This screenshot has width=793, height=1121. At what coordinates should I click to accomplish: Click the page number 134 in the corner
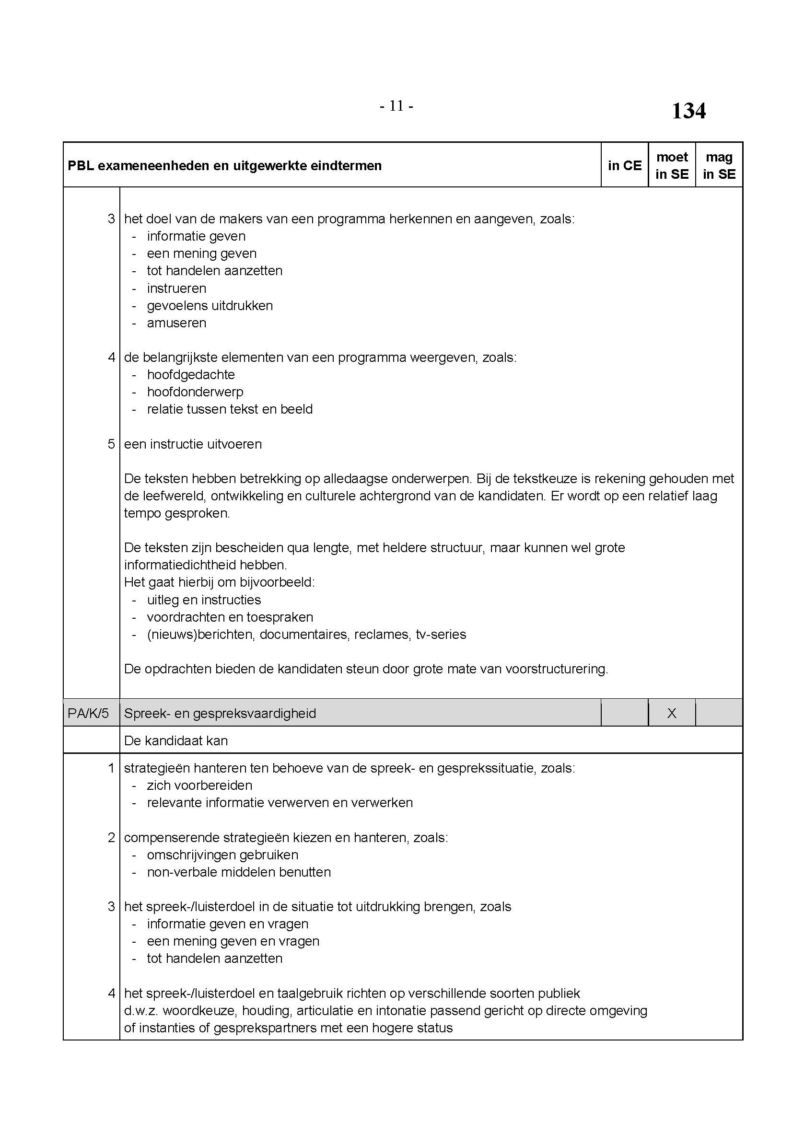pyautogui.click(x=688, y=111)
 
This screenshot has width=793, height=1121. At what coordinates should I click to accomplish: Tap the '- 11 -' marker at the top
pyautogui.click(x=396, y=106)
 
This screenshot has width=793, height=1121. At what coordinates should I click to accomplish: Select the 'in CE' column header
pyautogui.click(x=625, y=165)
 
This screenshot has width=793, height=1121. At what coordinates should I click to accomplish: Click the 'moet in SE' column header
pyautogui.click(x=672, y=165)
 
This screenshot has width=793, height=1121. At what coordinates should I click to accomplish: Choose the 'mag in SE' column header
pyautogui.click(x=719, y=165)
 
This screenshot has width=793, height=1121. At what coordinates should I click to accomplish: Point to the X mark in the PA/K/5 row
pyautogui.click(x=672, y=713)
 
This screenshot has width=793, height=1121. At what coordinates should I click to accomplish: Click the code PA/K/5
pyautogui.click(x=88, y=713)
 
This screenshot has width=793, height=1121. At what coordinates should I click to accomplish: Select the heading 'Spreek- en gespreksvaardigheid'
pyautogui.click(x=220, y=713)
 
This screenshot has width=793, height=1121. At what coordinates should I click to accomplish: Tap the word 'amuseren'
pyautogui.click(x=176, y=323)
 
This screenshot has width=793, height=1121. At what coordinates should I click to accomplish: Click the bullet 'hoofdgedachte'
pyautogui.click(x=191, y=374)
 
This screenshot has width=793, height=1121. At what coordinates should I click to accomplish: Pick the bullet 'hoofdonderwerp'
pyautogui.click(x=195, y=392)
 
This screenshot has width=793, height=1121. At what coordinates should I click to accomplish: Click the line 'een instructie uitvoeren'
pyautogui.click(x=193, y=444)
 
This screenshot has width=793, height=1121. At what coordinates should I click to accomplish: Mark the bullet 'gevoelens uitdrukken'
pyautogui.click(x=210, y=306)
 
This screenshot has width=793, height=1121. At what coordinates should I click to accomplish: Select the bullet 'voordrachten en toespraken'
pyautogui.click(x=230, y=617)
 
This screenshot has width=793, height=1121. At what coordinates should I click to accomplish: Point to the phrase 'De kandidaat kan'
pyautogui.click(x=176, y=740)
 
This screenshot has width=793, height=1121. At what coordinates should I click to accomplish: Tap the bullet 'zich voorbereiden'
pyautogui.click(x=200, y=785)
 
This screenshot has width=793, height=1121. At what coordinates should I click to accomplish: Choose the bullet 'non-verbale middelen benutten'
pyautogui.click(x=239, y=872)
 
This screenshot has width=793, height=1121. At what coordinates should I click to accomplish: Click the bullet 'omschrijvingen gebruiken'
pyautogui.click(x=222, y=855)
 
